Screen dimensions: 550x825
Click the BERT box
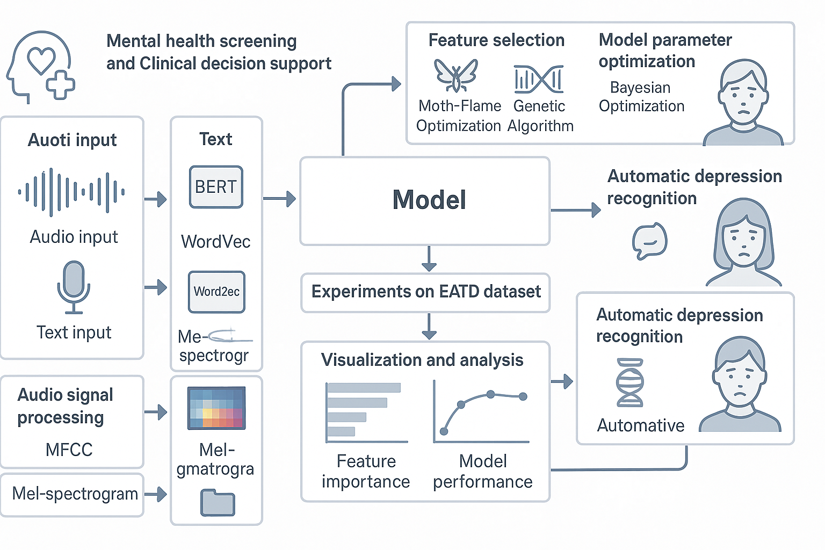click(216, 187)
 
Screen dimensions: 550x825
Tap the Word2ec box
click(216, 292)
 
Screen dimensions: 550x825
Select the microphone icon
click(74, 287)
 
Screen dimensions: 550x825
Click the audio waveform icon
click(71, 192)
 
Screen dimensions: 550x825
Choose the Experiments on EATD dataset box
click(425, 292)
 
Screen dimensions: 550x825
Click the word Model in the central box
click(429, 200)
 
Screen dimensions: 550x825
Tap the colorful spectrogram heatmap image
click(216, 408)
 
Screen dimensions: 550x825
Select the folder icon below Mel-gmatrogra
click(218, 502)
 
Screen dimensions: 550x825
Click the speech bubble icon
click(649, 241)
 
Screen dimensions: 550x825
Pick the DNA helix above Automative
click(629, 383)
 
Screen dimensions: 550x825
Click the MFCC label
click(69, 450)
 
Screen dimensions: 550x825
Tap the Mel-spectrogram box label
click(75, 494)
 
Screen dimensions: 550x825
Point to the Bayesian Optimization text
click(641, 97)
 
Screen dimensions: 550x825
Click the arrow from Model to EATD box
click(429, 259)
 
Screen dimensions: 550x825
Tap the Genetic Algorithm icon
click(538, 79)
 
